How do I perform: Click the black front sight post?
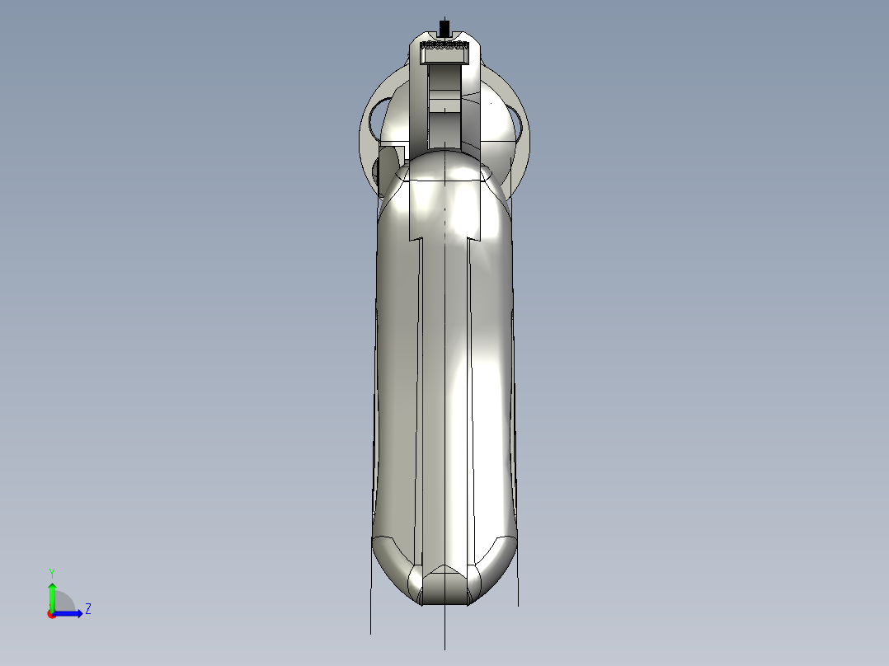pyautogui.click(x=445, y=26)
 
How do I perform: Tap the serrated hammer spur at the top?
pyautogui.click(x=444, y=53)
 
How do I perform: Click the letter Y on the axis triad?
pyautogui.click(x=51, y=572)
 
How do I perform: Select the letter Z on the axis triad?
pyautogui.click(x=87, y=609)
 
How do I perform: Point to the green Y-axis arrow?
pyautogui.click(x=51, y=595)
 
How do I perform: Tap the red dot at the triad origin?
pyautogui.click(x=51, y=614)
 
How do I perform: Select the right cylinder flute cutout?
pyautogui.click(x=520, y=119)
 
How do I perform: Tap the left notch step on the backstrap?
pyautogui.click(x=415, y=239)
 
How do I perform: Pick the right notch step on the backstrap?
pyautogui.click(x=474, y=239)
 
